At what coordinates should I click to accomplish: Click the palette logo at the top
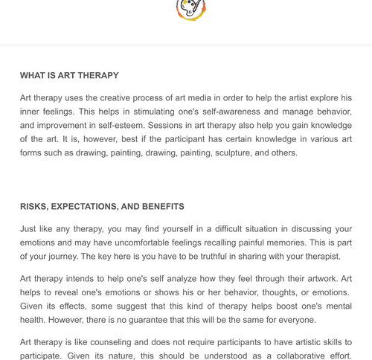(190, 8)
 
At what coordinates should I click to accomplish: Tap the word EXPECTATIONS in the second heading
(86, 207)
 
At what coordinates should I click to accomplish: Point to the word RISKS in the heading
(34, 207)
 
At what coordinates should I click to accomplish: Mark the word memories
(310, 242)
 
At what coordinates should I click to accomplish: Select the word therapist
(318, 257)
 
